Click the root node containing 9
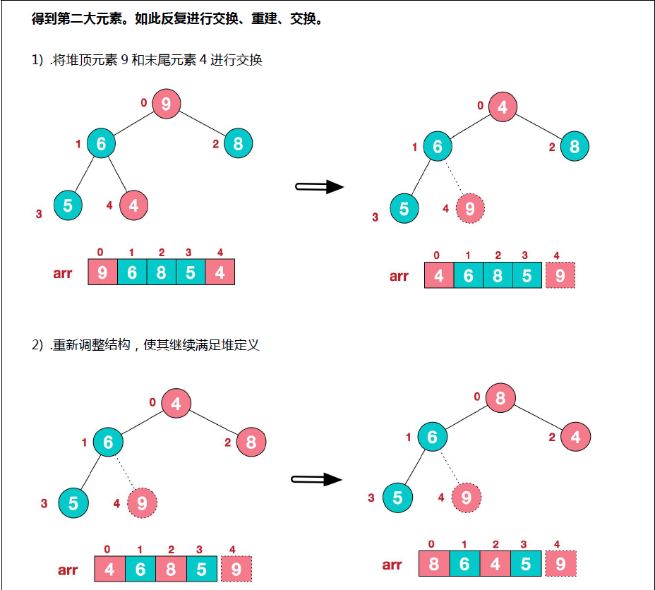[x=166, y=104]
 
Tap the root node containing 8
[x=500, y=398]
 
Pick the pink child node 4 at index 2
[x=576, y=438]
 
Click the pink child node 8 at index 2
[x=251, y=443]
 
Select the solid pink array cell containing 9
[x=102, y=272]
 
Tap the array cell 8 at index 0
[x=433, y=565]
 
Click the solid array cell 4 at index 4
[x=220, y=272]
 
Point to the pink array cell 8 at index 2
[x=171, y=570]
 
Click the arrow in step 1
[x=319, y=187]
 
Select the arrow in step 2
[x=317, y=480]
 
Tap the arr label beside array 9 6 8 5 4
[x=63, y=273]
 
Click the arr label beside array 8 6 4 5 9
[x=392, y=565]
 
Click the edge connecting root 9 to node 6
[x=134, y=124]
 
